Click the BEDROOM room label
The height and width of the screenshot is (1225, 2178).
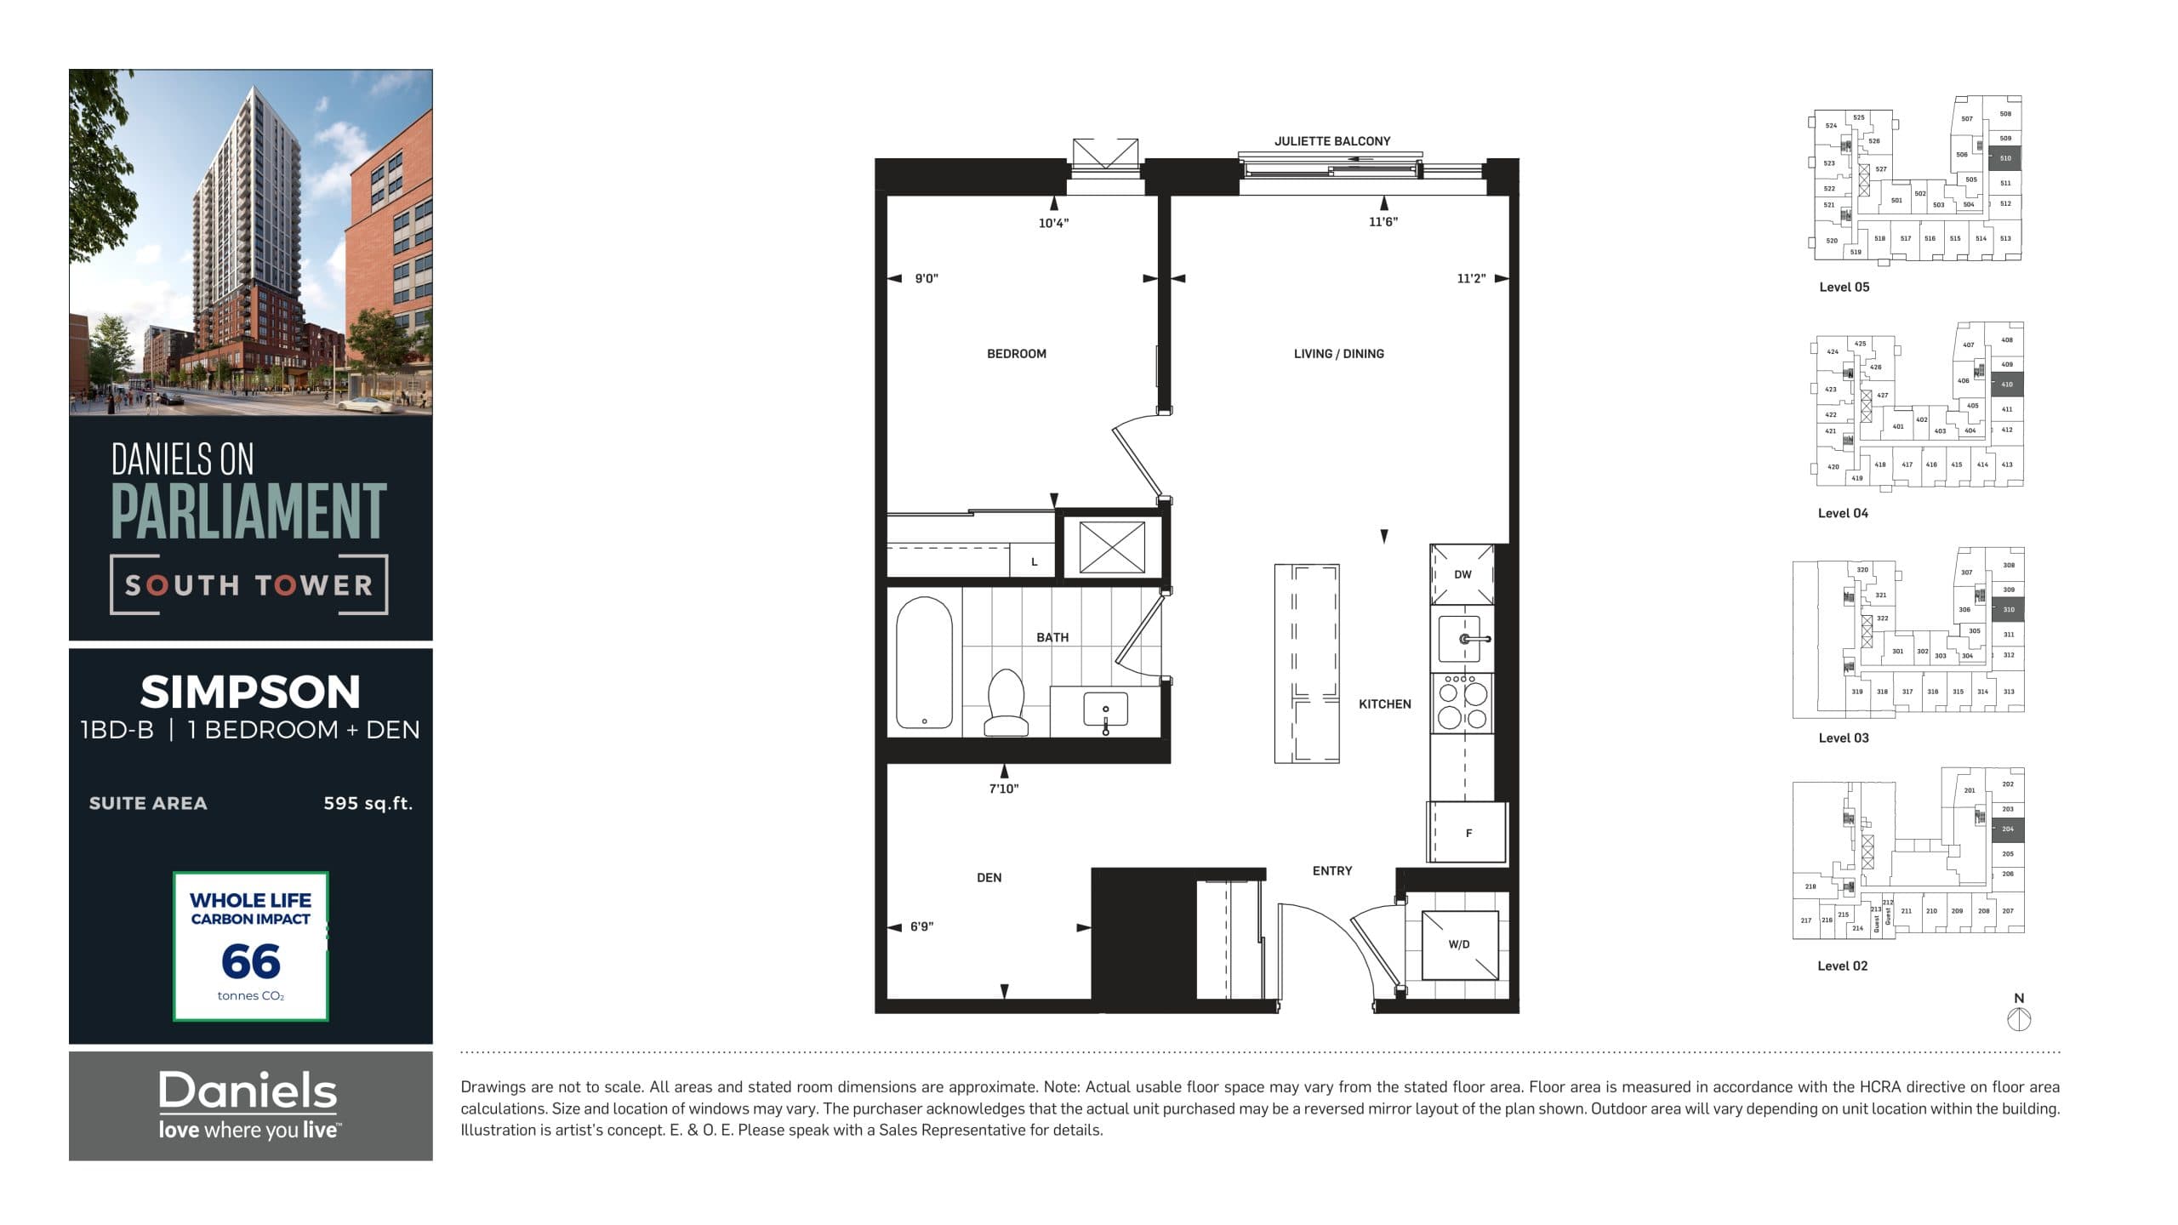[1016, 354]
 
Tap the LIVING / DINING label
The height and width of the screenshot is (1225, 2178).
[1338, 354]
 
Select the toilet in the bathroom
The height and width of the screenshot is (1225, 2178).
[1006, 703]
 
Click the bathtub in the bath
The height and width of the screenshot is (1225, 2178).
[924, 662]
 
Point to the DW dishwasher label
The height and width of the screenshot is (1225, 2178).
[1462, 574]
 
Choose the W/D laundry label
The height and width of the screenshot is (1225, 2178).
[1458, 944]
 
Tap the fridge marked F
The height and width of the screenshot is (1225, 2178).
[1468, 833]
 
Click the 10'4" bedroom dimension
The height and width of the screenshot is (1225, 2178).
[1053, 223]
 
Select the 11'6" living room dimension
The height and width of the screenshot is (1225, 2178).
[1383, 222]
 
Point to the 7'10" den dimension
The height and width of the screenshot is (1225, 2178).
[1003, 789]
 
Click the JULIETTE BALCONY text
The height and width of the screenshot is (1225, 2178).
[1331, 141]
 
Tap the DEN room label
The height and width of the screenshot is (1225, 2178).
[989, 878]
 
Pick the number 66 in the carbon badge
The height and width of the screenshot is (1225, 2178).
[250, 962]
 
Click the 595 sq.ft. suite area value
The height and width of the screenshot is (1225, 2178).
[368, 803]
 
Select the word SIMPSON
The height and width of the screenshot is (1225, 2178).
[250, 692]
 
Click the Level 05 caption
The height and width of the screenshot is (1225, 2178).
[1844, 288]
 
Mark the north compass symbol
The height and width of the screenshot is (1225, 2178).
[2019, 1018]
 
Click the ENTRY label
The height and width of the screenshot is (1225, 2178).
[1331, 871]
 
